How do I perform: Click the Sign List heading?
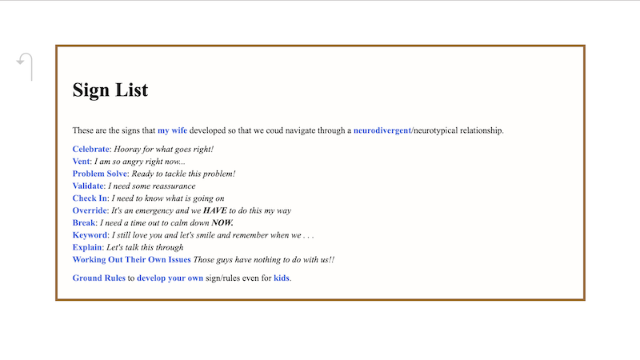(110, 90)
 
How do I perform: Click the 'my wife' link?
(172, 130)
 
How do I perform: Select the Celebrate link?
(90, 149)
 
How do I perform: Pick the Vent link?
(81, 162)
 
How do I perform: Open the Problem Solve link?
(100, 174)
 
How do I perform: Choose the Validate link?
(88, 186)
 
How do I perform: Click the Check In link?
(90, 198)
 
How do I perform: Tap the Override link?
(90, 210)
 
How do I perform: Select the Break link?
(84, 222)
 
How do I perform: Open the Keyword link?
(90, 235)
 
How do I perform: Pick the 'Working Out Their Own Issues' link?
(131, 259)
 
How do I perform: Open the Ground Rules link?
(98, 278)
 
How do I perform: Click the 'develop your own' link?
(170, 278)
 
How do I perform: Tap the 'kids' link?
(282, 278)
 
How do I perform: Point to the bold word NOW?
(222, 222)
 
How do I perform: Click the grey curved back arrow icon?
(25, 66)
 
